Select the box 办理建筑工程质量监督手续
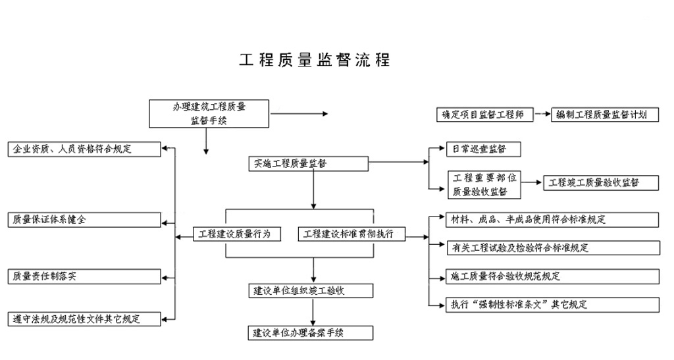[209, 113]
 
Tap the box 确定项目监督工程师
[484, 115]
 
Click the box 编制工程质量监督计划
[605, 115]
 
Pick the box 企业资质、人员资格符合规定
[85, 149]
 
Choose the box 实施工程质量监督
[309, 164]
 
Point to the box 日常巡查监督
[484, 149]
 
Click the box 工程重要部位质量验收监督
[484, 184]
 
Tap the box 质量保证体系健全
[85, 220]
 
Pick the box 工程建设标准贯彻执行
[351, 234]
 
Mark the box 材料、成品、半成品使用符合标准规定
[552, 220]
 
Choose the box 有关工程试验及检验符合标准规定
[552, 247]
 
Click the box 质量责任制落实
[85, 276]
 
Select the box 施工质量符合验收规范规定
[552, 276]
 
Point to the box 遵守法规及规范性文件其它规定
[85, 319]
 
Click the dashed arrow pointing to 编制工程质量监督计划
[541, 115]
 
